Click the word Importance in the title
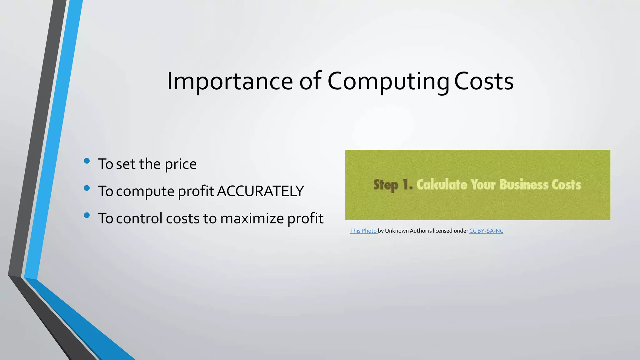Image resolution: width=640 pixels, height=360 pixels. coord(230,81)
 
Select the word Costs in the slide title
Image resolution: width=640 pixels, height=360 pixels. coord(483,81)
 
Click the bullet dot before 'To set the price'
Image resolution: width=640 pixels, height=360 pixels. coord(87,161)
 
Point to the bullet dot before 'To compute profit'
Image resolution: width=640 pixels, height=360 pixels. coord(87,188)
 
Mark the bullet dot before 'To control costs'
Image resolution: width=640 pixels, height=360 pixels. coord(87,215)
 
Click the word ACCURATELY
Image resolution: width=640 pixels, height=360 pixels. coord(260,191)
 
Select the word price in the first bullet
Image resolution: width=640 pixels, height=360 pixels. coord(181,164)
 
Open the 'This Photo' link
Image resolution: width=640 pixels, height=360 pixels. coord(363,231)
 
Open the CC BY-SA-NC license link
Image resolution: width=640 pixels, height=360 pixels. coord(486,231)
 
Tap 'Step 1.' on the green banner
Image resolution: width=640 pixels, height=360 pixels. coord(393,185)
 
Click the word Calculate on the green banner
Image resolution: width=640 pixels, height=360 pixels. coord(442,185)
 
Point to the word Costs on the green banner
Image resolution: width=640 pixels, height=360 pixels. coord(566,185)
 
